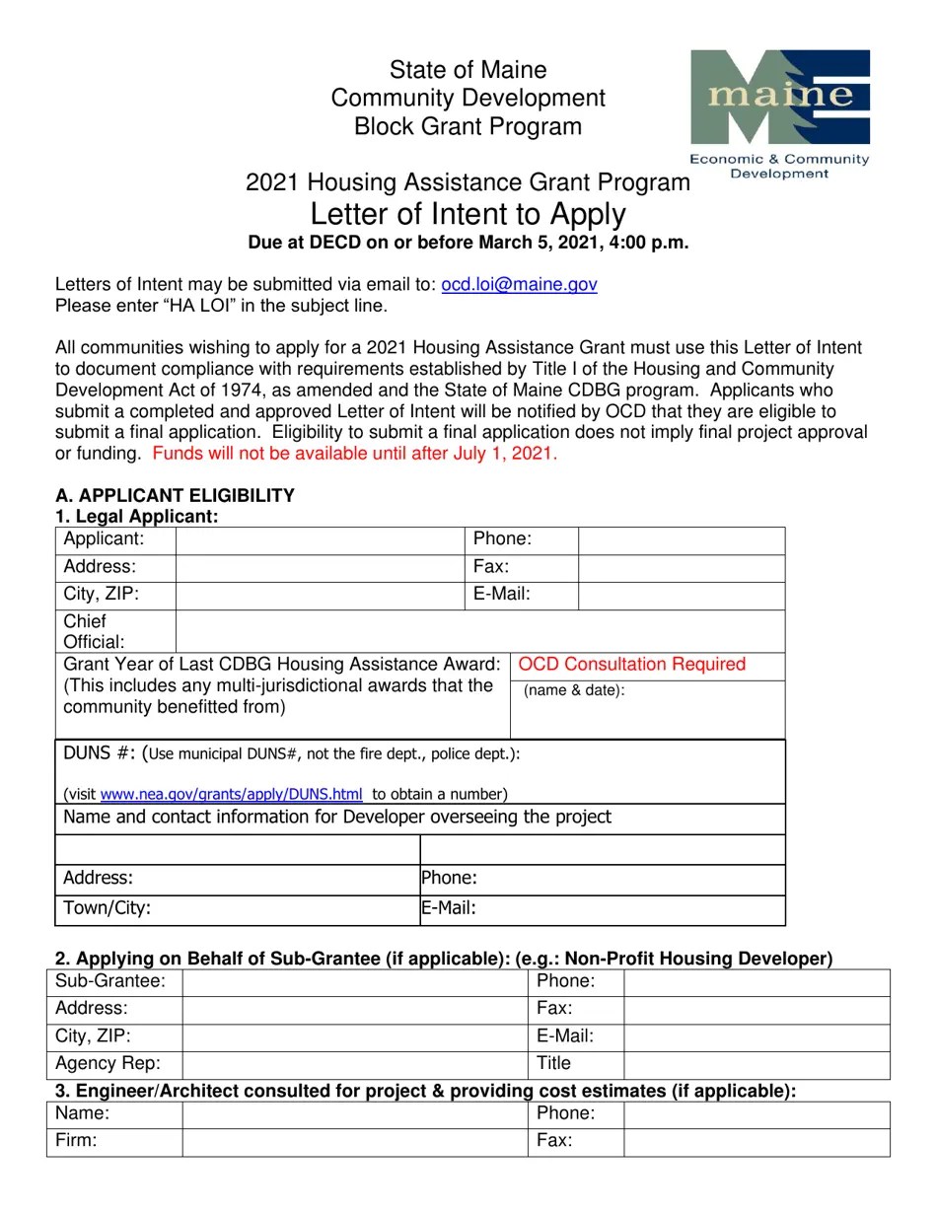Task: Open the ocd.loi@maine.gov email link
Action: tap(519, 284)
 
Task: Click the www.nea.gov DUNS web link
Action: tap(231, 794)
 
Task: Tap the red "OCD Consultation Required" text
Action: tap(631, 664)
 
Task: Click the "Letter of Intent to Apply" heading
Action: tap(468, 214)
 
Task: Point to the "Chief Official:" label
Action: tap(94, 631)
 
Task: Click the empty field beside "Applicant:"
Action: tap(319, 539)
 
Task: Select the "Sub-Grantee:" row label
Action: tap(110, 981)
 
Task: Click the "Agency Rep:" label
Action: tap(107, 1064)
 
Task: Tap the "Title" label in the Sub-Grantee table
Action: tap(553, 1064)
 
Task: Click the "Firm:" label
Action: tap(76, 1141)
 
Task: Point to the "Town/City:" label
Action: tap(107, 908)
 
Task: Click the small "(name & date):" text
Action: tap(574, 690)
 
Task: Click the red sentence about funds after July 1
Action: tap(355, 454)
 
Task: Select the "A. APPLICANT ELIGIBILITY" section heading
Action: tap(175, 495)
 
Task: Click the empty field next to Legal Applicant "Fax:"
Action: tap(681, 567)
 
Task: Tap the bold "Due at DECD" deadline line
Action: tap(468, 243)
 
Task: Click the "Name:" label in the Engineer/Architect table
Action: tap(82, 1113)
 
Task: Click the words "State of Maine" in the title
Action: tap(468, 70)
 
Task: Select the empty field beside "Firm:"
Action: tap(354, 1141)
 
